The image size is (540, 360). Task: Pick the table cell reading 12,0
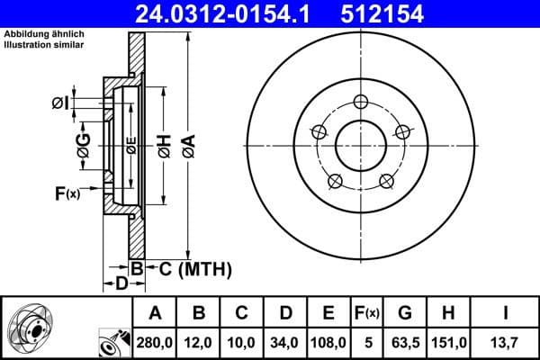pos(199,341)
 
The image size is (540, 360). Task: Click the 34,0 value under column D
pos(285,341)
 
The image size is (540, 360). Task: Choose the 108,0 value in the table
pos(328,341)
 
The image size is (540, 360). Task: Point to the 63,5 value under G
pos(405,341)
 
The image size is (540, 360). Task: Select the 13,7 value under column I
pos(507,341)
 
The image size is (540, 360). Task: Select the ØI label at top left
pos(60,103)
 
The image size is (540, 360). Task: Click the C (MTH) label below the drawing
pos(189,268)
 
